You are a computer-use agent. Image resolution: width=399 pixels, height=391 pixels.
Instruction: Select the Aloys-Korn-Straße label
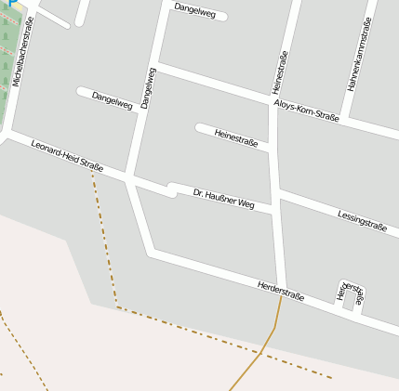tap(306, 110)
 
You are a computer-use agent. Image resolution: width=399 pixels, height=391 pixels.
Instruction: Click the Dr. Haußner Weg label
tap(223, 198)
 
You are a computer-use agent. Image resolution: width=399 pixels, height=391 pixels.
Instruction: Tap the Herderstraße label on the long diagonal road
tap(280, 289)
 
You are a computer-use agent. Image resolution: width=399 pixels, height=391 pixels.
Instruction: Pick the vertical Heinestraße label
tap(278, 72)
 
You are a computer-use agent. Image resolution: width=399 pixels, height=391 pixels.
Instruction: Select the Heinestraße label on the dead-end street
tap(236, 138)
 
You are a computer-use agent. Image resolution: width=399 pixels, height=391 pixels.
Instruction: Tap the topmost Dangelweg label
tap(194, 10)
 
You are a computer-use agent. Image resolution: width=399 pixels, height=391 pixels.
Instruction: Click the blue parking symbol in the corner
tap(4, 4)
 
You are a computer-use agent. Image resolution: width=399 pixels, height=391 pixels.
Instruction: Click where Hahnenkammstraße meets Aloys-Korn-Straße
tap(344, 119)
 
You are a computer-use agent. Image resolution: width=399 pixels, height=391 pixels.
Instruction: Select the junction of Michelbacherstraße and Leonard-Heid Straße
tap(8, 136)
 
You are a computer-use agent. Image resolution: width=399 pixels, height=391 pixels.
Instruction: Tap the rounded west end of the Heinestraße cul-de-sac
tap(199, 127)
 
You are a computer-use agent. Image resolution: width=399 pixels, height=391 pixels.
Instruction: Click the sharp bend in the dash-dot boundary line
tap(117, 306)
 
